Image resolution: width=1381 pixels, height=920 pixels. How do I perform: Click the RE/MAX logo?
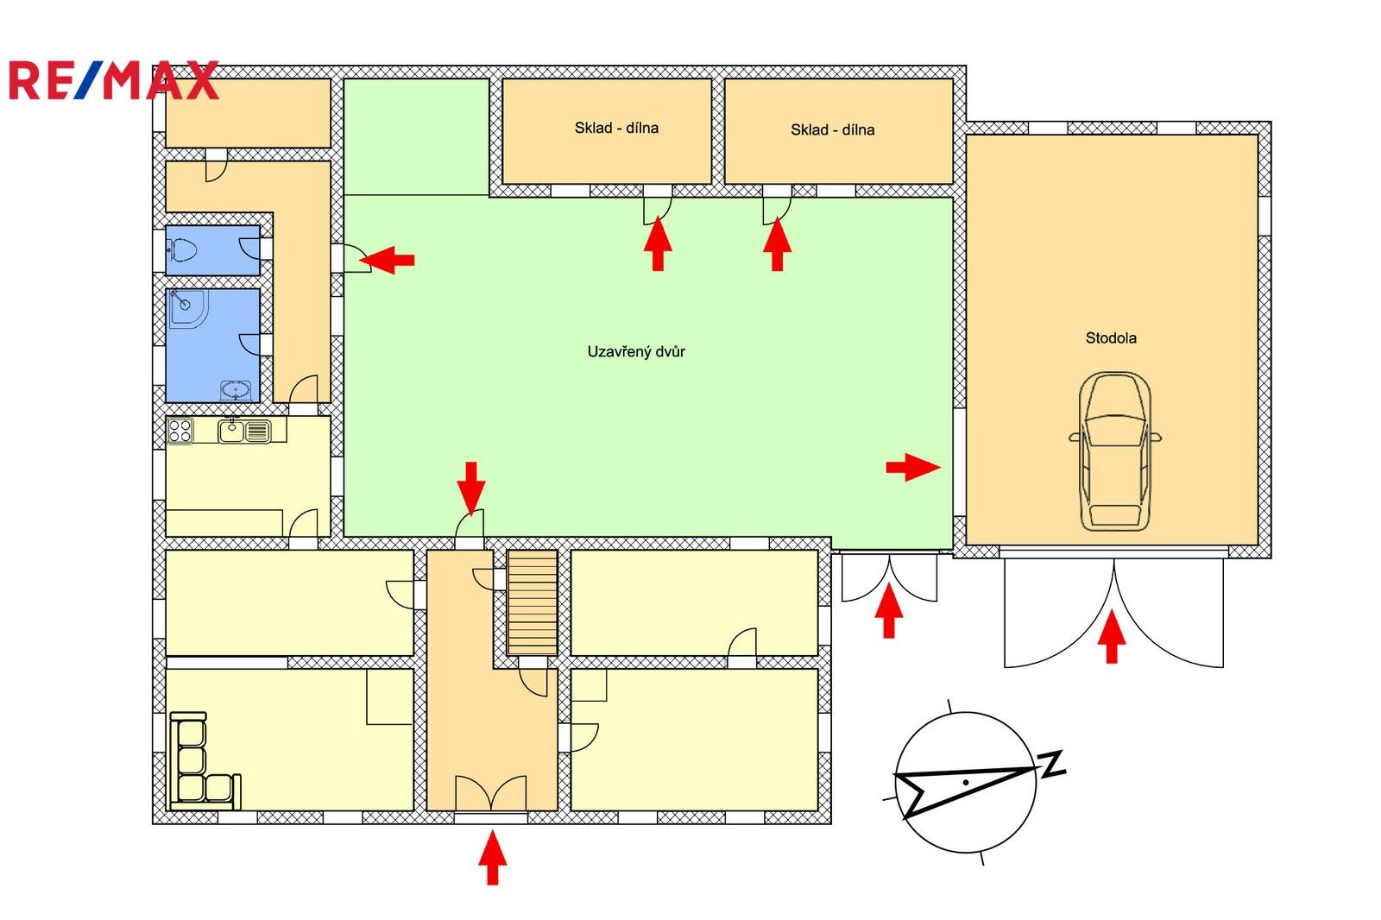pos(113,81)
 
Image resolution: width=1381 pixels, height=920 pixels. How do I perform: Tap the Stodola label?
pos(1110,338)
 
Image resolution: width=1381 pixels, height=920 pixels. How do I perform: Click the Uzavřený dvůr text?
pos(636,351)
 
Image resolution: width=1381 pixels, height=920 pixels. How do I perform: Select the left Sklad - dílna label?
pos(616,128)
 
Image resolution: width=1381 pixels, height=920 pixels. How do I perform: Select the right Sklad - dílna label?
pos(832,129)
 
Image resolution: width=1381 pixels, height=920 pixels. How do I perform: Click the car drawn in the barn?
pos(1114,451)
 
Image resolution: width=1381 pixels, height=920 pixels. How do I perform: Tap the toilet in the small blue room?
pos(184,250)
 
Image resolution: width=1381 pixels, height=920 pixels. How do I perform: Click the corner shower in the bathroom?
pos(187,308)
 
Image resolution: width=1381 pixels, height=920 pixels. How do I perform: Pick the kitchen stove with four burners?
pos(180,430)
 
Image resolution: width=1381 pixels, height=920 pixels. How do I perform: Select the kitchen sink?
pos(245,430)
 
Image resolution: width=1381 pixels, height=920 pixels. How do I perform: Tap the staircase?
pos(532,602)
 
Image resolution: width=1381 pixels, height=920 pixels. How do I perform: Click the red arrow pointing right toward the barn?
pos(912,468)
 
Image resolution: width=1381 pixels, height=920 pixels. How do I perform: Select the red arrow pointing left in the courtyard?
pos(388,259)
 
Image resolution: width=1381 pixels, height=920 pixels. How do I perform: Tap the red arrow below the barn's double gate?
pos(1112,636)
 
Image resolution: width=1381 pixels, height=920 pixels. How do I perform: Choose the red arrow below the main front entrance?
pos(492,857)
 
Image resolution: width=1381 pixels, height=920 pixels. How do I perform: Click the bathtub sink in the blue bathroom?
pos(235,390)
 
